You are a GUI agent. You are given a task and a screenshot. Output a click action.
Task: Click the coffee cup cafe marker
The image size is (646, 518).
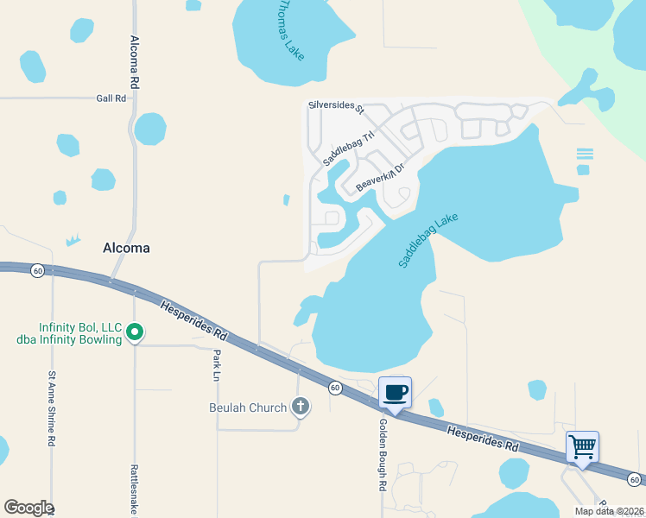[395, 393]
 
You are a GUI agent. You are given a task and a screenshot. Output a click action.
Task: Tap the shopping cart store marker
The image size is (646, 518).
[582, 447]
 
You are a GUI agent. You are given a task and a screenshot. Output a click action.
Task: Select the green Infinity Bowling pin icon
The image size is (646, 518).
[135, 332]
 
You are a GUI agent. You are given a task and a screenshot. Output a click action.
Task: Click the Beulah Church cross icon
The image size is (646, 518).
[300, 406]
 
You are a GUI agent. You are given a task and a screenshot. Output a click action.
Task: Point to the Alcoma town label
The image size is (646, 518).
[127, 248]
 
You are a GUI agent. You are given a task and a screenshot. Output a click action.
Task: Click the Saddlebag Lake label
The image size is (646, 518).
[428, 240]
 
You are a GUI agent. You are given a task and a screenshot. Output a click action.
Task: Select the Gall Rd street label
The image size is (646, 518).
[111, 98]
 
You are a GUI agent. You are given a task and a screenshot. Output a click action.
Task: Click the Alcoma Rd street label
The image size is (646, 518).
[135, 63]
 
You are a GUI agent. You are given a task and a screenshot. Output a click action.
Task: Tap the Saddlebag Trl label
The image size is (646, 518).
[350, 148]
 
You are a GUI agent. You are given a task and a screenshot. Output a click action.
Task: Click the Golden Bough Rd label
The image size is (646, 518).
[382, 455]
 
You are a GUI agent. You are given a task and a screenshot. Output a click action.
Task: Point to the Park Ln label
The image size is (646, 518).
[216, 364]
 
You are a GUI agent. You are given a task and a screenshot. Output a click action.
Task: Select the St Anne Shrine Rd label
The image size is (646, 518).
[52, 408]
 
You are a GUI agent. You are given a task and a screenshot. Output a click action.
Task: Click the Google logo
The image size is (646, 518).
[28, 508]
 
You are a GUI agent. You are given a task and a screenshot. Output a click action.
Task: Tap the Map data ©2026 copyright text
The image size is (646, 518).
[610, 511]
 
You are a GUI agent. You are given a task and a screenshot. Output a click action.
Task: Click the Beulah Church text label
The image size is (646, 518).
[248, 407]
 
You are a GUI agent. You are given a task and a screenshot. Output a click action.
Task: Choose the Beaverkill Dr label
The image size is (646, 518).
[380, 177]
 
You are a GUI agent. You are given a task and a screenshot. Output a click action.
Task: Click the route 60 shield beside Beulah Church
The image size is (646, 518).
[334, 388]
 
